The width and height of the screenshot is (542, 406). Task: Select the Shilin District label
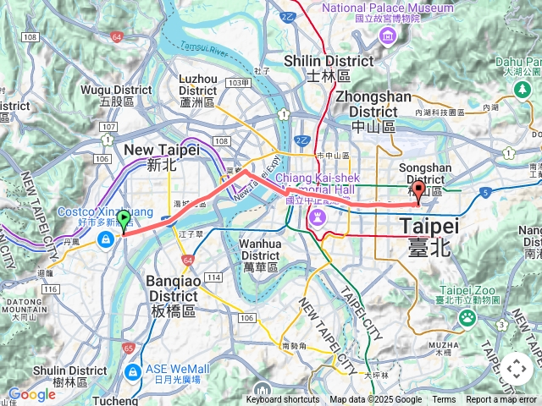[x=328, y=67]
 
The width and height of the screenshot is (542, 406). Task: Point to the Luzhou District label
[x=198, y=89]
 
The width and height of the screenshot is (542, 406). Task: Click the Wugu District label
[x=117, y=95]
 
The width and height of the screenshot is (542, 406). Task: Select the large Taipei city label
[x=429, y=233]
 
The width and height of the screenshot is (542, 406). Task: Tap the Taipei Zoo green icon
[x=467, y=317]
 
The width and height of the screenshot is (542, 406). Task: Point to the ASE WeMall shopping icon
[x=132, y=372]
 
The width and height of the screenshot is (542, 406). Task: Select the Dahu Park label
[x=518, y=66]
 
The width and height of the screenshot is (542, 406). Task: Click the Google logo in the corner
[x=31, y=394]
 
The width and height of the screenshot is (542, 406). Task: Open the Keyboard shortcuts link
[x=285, y=400]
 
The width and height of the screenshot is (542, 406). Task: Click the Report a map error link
[x=501, y=400]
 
